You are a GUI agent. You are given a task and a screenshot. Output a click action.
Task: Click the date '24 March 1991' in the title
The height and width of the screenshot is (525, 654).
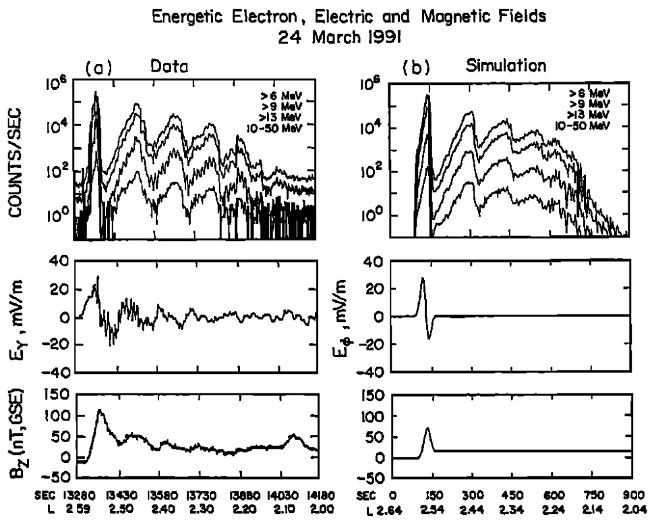click(x=326, y=34)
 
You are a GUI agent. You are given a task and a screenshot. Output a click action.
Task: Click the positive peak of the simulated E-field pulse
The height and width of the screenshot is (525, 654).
click(x=422, y=278)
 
